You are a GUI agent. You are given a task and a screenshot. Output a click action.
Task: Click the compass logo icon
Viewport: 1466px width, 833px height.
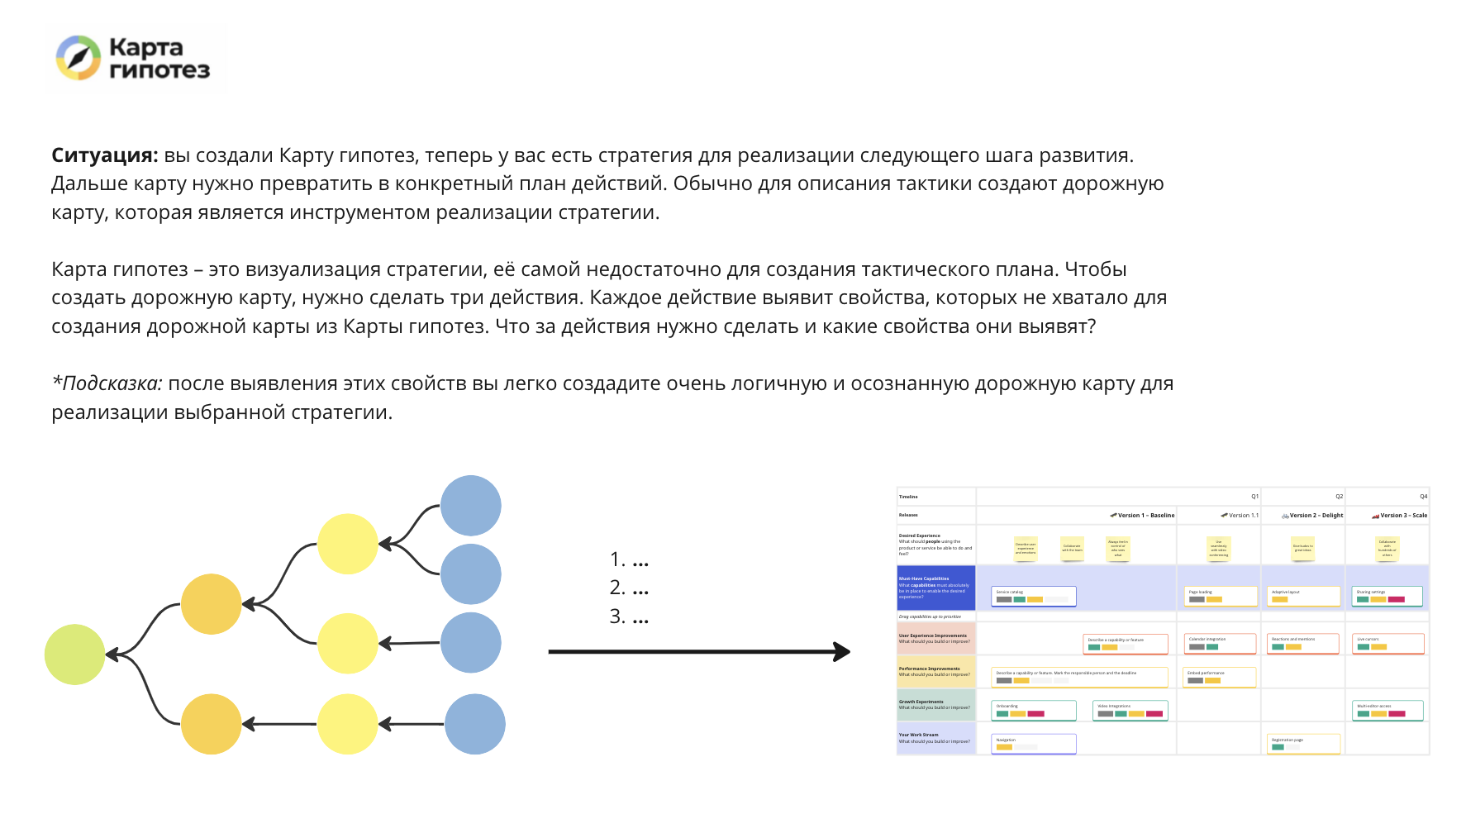[79, 58]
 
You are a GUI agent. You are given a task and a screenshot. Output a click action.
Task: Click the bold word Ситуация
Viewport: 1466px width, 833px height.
[104, 155]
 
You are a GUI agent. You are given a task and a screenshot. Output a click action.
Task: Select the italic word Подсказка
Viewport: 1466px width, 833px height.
[112, 383]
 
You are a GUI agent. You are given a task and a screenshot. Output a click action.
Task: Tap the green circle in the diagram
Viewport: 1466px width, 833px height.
[75, 654]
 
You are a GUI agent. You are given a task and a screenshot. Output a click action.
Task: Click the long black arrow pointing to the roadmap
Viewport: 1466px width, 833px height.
[698, 652]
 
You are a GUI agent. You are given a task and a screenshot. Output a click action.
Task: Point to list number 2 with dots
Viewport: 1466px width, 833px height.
[629, 588]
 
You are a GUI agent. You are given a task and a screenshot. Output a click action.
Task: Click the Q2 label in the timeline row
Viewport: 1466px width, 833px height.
[1339, 497]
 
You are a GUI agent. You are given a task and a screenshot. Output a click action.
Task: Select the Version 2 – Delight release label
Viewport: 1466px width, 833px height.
[1316, 515]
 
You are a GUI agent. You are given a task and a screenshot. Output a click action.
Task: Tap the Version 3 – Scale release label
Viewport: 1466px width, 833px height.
[1403, 515]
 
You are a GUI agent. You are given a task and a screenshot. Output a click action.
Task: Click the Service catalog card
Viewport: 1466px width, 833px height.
[1033, 596]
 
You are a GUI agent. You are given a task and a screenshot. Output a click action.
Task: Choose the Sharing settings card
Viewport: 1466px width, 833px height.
[1387, 596]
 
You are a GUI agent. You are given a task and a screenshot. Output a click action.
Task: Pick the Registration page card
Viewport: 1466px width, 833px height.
[1304, 744]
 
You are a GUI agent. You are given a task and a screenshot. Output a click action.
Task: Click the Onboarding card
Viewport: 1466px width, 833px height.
[1033, 710]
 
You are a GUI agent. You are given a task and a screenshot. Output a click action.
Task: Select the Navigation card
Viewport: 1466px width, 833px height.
[1033, 744]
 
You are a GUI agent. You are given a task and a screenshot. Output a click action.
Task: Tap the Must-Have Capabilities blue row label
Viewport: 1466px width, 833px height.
[935, 588]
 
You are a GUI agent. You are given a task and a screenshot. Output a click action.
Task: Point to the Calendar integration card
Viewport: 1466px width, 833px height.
[1221, 643]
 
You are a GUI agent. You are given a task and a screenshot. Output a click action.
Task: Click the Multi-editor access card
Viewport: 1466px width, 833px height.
[1387, 710]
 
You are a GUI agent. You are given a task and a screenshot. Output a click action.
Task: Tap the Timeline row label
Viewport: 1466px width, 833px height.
[909, 497]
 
